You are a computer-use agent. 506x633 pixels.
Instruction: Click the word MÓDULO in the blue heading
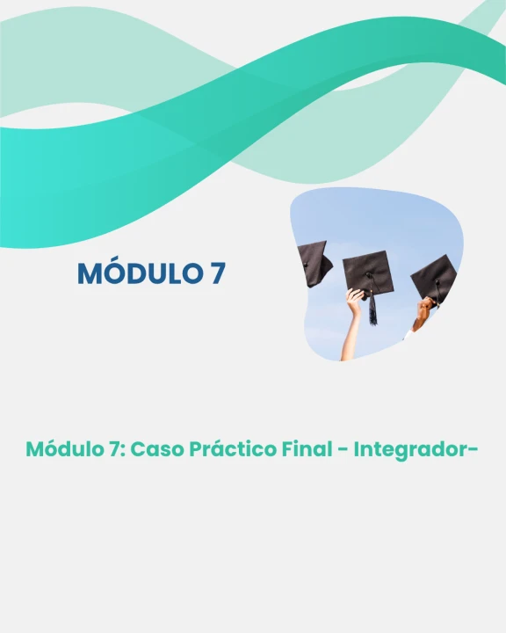click(x=140, y=273)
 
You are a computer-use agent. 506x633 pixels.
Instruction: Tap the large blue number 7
click(x=218, y=273)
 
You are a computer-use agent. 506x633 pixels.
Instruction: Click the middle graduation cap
click(x=367, y=273)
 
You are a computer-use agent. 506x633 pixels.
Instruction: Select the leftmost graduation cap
click(x=314, y=263)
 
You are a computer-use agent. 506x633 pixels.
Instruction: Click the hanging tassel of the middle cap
click(x=372, y=308)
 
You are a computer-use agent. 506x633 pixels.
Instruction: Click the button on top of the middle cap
click(x=368, y=275)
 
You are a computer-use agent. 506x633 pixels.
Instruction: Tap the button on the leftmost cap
click(x=306, y=265)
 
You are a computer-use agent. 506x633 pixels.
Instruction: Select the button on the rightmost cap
click(x=437, y=282)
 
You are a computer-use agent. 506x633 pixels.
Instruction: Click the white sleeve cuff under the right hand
click(x=408, y=334)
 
